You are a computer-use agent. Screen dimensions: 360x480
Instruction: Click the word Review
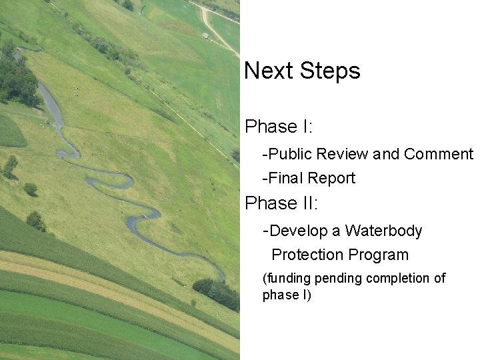point(343,155)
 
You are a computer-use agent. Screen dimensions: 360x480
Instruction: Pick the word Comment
point(438,155)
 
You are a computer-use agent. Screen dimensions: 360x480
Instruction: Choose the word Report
point(331,178)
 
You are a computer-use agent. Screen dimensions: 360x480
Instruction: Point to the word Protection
point(307,255)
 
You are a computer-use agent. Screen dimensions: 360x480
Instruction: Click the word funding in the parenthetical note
point(287,278)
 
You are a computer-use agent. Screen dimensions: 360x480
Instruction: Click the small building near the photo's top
point(206,35)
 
